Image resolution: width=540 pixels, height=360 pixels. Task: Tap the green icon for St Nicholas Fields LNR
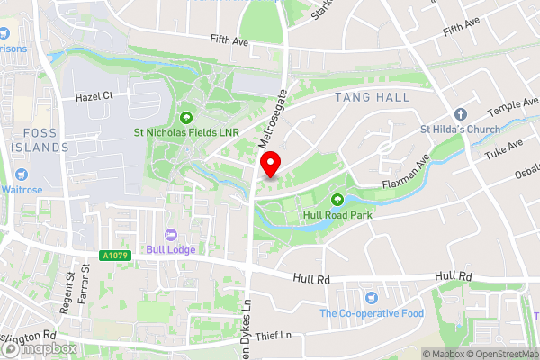[187, 116]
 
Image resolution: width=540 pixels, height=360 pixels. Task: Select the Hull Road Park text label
[339, 215]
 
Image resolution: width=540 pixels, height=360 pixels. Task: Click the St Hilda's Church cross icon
[461, 114]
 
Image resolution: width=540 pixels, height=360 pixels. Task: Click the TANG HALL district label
[372, 97]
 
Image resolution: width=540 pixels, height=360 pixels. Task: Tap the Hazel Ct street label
[94, 94]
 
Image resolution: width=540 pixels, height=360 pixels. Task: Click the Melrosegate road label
[272, 117]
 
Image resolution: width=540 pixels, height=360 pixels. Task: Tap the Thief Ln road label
[274, 335]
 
